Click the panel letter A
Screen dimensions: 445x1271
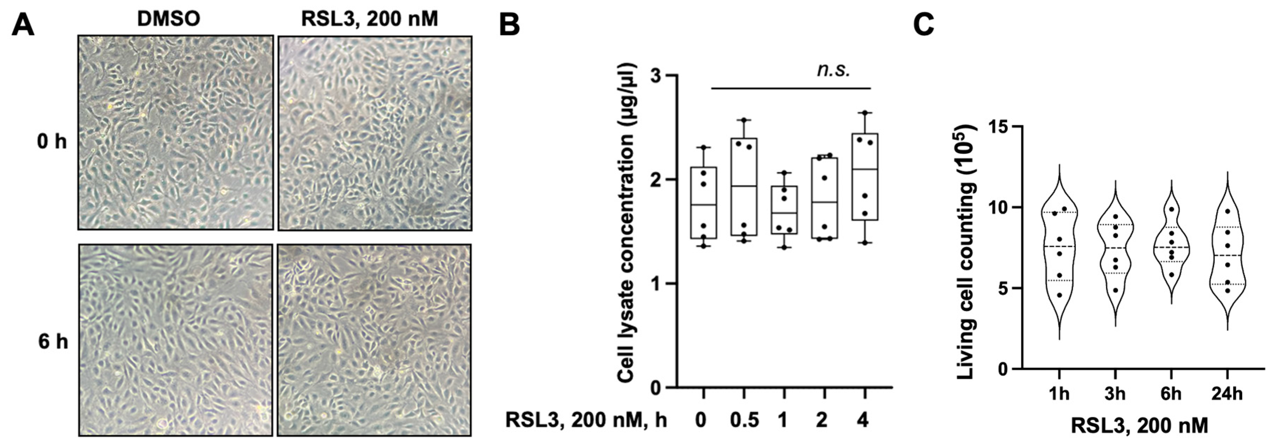[23, 25]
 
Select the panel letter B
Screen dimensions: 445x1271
[509, 25]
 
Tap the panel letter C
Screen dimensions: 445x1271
[924, 25]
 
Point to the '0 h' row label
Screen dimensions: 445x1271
[52, 142]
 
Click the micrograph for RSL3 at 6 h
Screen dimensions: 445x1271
[374, 340]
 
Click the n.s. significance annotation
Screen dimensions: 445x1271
[833, 70]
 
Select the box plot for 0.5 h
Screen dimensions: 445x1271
[744, 186]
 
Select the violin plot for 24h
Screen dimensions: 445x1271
[1225, 254]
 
